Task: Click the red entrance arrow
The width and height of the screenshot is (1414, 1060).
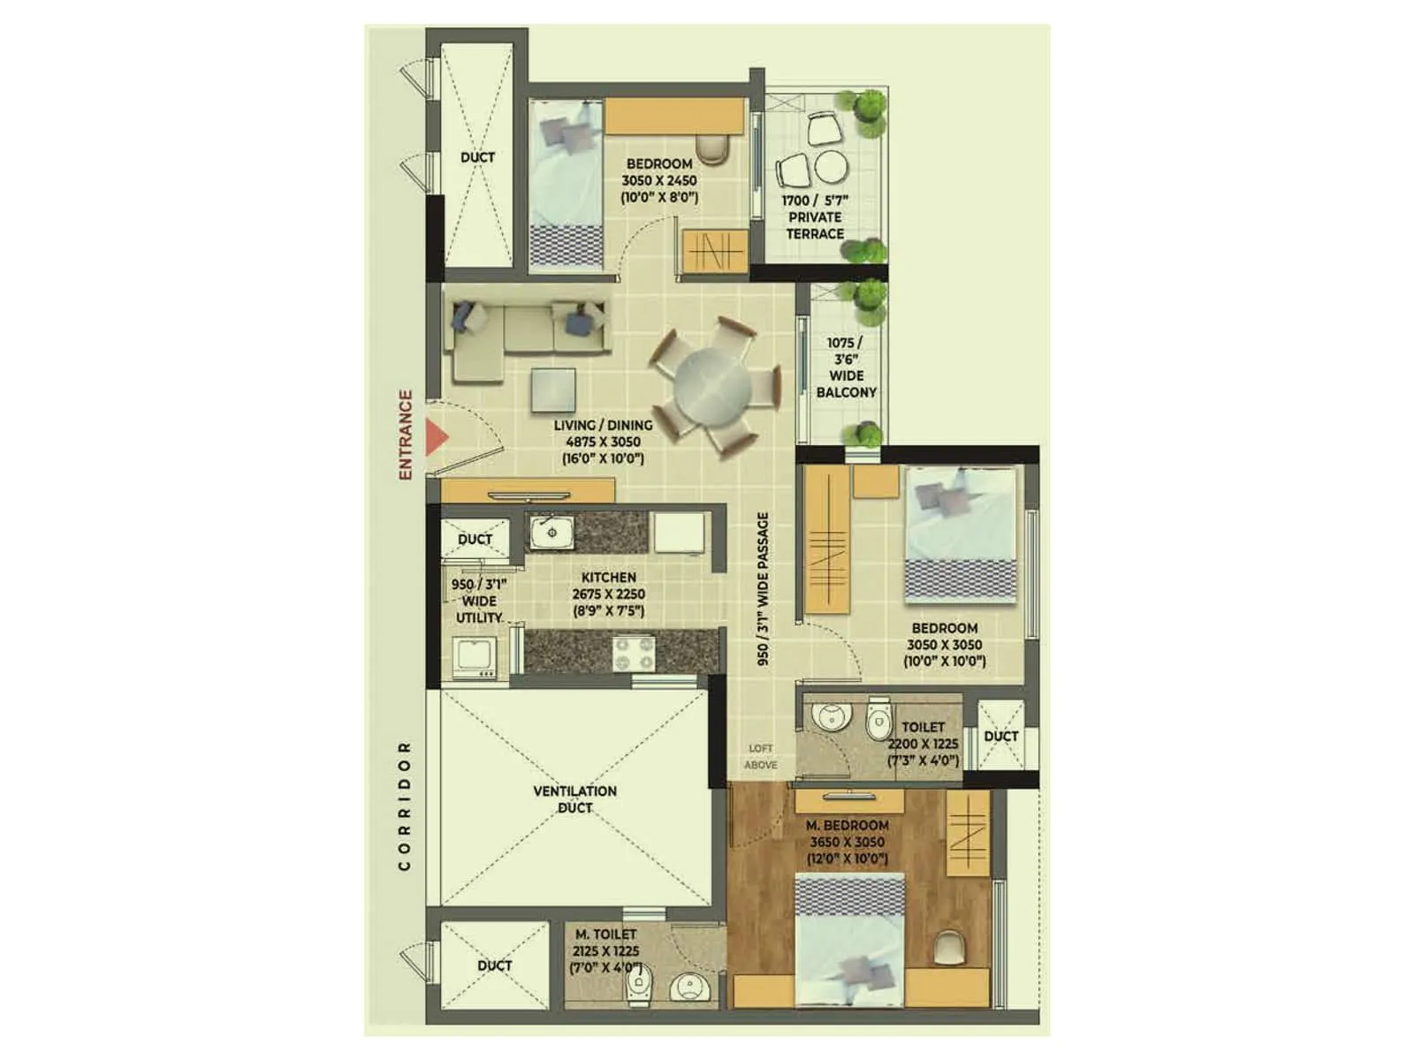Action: pyautogui.click(x=436, y=437)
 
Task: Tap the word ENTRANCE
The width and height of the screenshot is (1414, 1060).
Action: pyautogui.click(x=406, y=435)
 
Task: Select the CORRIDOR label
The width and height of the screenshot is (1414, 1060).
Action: pyautogui.click(x=405, y=806)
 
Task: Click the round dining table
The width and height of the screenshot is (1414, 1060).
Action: pyautogui.click(x=712, y=386)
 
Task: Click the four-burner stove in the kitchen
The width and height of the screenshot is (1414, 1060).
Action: pyautogui.click(x=634, y=654)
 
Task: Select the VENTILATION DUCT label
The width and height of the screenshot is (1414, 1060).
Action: pyautogui.click(x=574, y=799)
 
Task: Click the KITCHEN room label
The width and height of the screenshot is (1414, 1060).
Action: pyautogui.click(x=608, y=577)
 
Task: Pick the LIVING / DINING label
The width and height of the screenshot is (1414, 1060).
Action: pyautogui.click(x=603, y=425)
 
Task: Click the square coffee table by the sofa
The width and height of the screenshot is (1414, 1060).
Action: pyautogui.click(x=553, y=389)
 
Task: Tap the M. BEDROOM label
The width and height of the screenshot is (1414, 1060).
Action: pyautogui.click(x=847, y=825)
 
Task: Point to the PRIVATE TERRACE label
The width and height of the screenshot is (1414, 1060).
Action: pyautogui.click(x=815, y=225)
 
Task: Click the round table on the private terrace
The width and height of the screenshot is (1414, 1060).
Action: pyautogui.click(x=831, y=166)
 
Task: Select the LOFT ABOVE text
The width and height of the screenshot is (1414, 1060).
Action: pyautogui.click(x=760, y=756)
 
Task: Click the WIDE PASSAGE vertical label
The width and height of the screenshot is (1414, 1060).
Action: pyautogui.click(x=763, y=588)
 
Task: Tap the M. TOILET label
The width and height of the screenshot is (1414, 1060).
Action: pyautogui.click(x=605, y=934)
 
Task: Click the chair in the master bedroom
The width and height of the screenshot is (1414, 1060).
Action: pyautogui.click(x=949, y=948)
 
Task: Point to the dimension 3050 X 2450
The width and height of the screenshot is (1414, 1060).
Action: pyautogui.click(x=658, y=180)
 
